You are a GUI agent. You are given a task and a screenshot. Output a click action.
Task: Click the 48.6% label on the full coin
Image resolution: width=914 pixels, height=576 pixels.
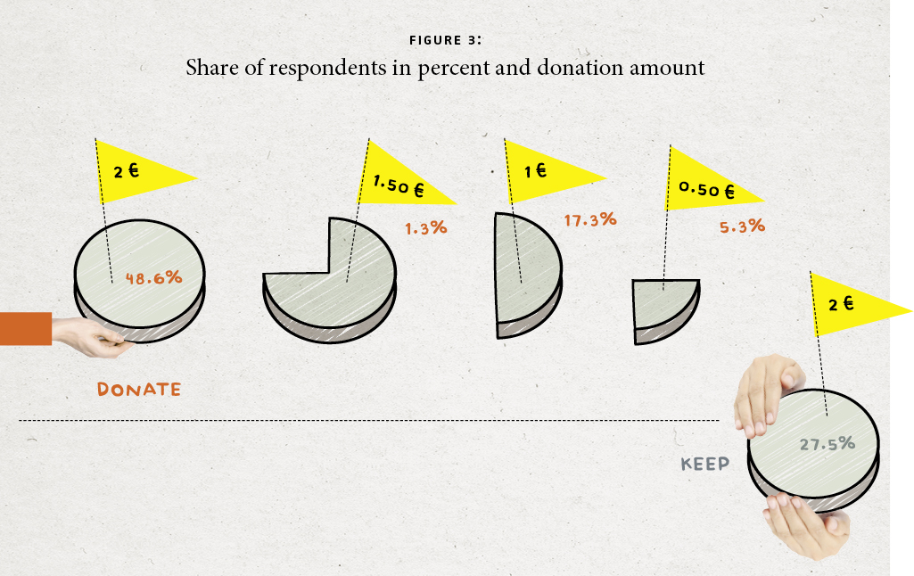point(153,278)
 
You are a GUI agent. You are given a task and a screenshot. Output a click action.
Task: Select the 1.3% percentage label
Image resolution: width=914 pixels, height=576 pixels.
point(425,228)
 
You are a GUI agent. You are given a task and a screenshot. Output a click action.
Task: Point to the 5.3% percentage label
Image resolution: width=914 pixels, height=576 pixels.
point(742,226)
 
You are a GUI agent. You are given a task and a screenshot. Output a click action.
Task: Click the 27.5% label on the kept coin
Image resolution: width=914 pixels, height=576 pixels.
point(828,443)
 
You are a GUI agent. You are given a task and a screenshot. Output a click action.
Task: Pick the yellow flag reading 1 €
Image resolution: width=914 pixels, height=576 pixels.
point(544,170)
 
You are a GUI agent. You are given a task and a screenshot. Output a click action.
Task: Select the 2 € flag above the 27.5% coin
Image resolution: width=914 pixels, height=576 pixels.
point(847,305)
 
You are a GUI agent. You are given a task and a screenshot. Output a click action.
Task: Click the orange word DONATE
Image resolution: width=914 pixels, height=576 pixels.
point(138,389)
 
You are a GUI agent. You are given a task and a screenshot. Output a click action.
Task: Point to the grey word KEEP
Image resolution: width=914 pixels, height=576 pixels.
point(704,464)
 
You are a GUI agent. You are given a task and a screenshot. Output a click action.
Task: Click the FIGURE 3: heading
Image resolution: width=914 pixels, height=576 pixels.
point(445,40)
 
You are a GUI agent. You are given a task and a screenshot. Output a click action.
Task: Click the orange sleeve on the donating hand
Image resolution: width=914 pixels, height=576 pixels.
point(25,328)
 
